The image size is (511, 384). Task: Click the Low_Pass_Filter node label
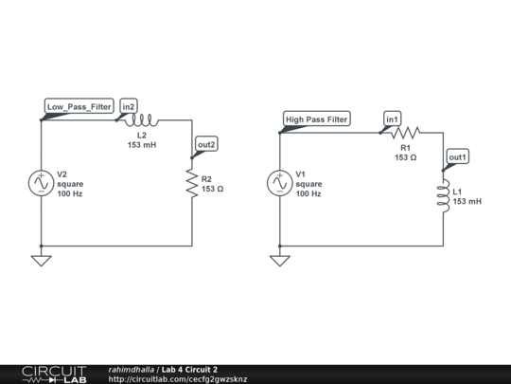[80, 106]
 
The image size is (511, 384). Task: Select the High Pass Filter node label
[317, 119]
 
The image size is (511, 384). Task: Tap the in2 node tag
[130, 106]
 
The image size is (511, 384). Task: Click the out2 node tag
[206, 144]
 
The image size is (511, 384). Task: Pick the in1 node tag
[393, 119]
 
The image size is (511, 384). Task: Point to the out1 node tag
[458, 156]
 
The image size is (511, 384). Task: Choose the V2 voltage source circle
[42, 183]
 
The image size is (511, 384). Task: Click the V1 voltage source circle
[280, 183]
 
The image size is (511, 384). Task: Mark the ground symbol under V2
[42, 259]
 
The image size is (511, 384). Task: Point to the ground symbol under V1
[280, 259]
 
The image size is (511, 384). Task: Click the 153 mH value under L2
[142, 146]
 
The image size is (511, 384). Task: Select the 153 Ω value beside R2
[213, 189]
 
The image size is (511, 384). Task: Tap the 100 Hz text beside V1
[308, 193]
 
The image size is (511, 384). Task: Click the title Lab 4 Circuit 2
[189, 369]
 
